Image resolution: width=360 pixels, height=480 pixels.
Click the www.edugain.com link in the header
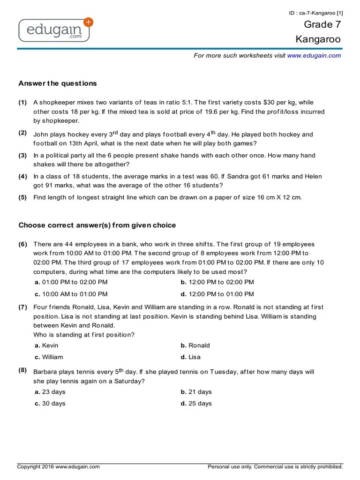[x=314, y=55]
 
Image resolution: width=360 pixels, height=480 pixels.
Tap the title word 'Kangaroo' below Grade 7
[x=318, y=39]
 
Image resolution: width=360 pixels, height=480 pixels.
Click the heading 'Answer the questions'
[x=58, y=83]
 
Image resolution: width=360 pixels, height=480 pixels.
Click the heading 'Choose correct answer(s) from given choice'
[x=97, y=225]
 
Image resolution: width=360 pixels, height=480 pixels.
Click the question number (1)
[x=23, y=102]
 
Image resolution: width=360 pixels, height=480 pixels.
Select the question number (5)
[x=23, y=197]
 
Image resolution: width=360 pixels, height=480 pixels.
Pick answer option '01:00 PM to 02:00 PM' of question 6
[x=75, y=282]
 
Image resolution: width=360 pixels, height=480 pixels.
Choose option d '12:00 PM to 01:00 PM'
[x=221, y=294]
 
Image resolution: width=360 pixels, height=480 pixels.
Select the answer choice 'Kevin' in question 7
[x=50, y=345]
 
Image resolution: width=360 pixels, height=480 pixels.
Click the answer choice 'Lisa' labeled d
[x=194, y=357]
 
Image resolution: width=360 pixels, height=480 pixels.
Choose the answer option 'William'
[x=52, y=357]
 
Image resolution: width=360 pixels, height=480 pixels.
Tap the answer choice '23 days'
[x=53, y=392]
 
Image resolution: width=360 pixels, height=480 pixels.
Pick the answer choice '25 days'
[x=200, y=404]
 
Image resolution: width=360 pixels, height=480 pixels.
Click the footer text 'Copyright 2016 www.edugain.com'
[x=59, y=467]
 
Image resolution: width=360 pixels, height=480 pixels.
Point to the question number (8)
[x=23, y=370]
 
